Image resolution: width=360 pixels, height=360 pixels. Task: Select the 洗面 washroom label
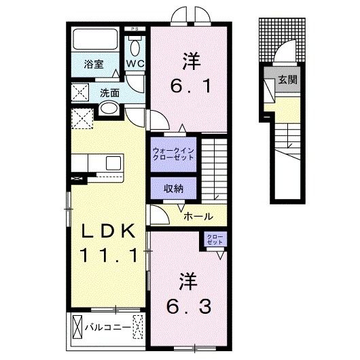pyautogui.click(x=110, y=92)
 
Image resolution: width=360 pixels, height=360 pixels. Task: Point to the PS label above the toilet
pyautogui.click(x=134, y=29)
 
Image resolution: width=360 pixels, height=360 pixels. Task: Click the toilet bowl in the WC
pyautogui.click(x=135, y=46)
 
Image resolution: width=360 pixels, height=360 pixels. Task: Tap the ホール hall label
pyautogui.click(x=200, y=217)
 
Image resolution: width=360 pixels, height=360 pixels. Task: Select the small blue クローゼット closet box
pyautogui.click(x=215, y=239)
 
